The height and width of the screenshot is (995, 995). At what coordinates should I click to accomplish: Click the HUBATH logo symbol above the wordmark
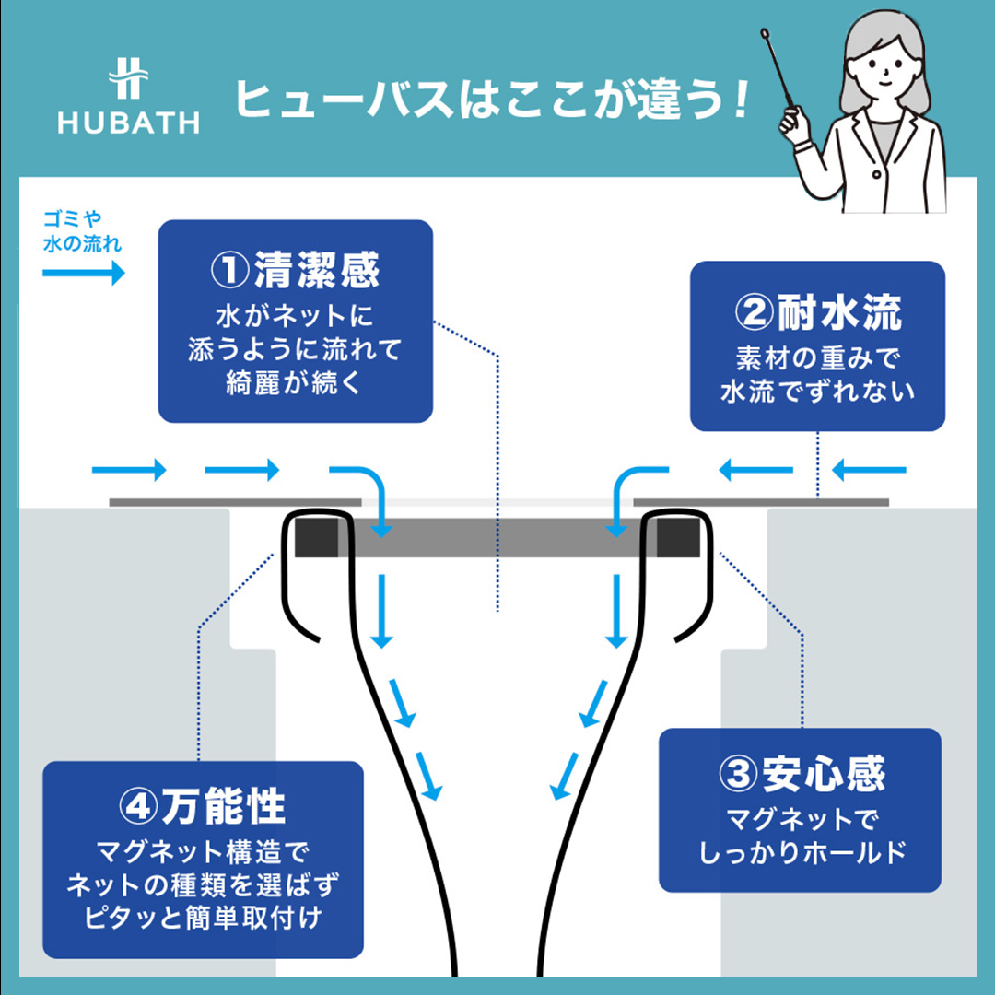(128, 80)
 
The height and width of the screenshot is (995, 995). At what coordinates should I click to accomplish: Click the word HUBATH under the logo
(128, 123)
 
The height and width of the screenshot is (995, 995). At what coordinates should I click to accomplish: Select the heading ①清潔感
(296, 271)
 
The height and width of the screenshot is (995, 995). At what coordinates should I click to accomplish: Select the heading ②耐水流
(817, 313)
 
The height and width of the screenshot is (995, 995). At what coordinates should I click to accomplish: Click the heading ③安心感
(801, 774)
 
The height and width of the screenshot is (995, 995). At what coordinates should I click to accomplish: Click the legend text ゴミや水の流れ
(81, 232)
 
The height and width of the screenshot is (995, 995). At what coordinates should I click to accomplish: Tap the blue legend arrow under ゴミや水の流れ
(83, 273)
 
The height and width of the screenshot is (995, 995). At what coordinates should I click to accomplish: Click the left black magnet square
(317, 537)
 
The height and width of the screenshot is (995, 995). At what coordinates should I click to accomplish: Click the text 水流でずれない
(817, 391)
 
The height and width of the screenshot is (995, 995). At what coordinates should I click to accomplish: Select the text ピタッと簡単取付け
(203, 918)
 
